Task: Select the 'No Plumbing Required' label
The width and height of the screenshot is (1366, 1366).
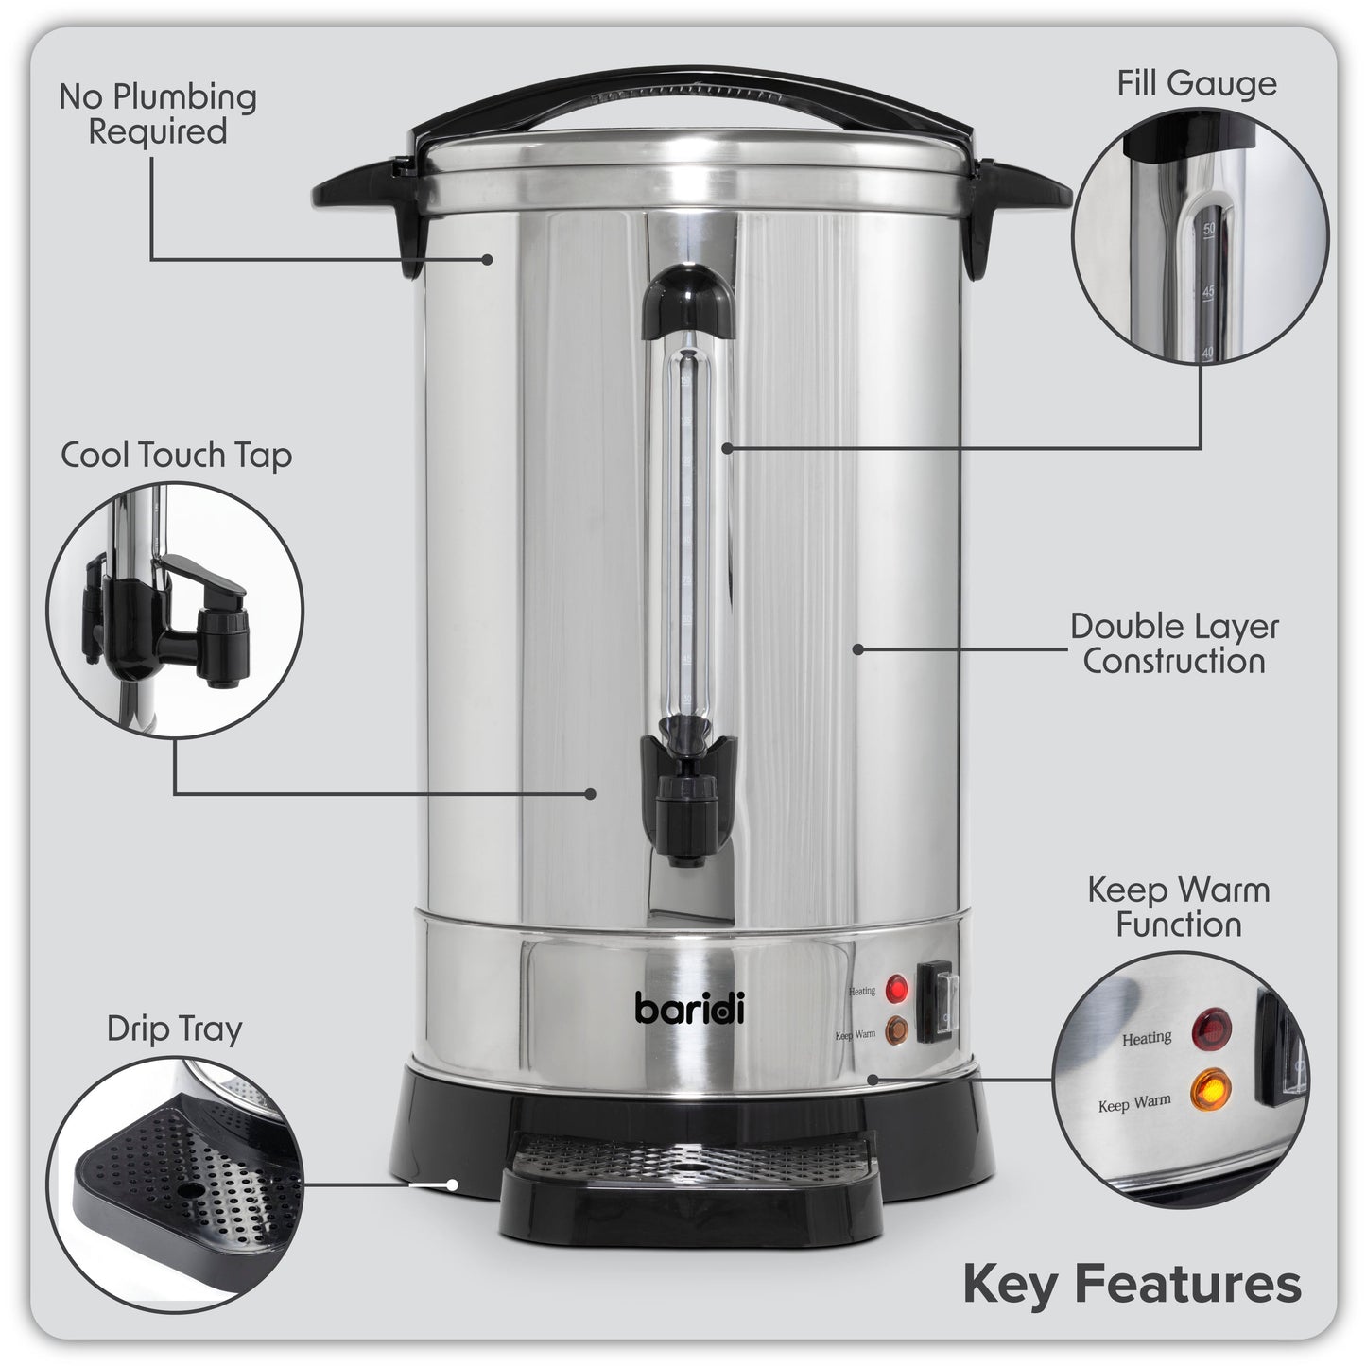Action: tap(158, 113)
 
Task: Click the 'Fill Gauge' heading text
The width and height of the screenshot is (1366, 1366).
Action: tap(1196, 83)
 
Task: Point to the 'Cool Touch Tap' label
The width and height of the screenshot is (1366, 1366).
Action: tap(177, 455)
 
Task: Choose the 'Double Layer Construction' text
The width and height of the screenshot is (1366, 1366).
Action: tap(1173, 643)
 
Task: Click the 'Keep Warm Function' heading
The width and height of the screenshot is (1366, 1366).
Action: tap(1177, 907)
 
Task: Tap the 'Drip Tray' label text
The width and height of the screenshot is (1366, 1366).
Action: tap(175, 1029)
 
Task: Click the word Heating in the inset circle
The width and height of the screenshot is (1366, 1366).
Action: tap(1146, 1037)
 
